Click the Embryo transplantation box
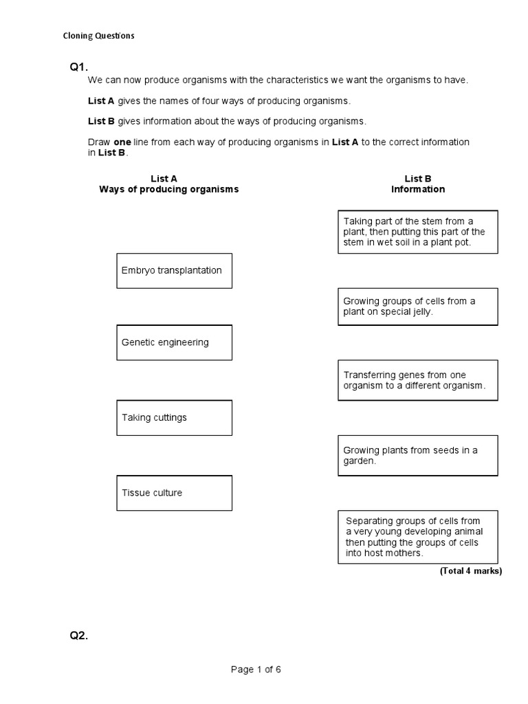point(174,270)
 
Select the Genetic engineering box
point(174,342)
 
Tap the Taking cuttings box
point(174,417)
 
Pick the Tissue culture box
point(174,493)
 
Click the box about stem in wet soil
point(417,232)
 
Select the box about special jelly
point(417,306)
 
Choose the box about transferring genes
point(417,380)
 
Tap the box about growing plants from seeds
point(417,455)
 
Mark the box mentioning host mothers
point(417,536)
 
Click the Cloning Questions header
point(98,36)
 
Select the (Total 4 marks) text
point(470,571)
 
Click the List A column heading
point(168,179)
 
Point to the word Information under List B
point(418,189)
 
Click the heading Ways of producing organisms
point(168,189)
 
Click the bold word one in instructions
point(122,142)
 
